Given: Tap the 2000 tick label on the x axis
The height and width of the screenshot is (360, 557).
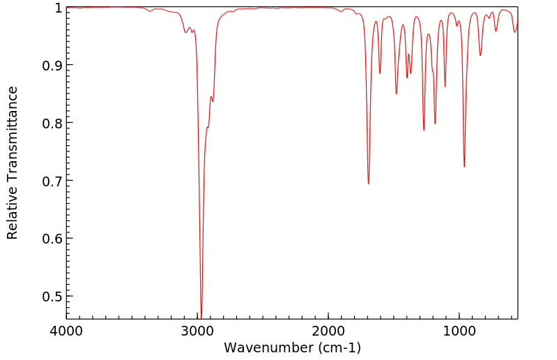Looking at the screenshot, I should (328, 330).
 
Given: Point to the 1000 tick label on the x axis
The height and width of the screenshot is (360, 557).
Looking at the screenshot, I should (459, 330).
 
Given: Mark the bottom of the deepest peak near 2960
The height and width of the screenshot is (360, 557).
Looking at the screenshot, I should (201, 317).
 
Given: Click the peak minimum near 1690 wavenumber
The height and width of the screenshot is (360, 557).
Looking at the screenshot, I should (369, 183).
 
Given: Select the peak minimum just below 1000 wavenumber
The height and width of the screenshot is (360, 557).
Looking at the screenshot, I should (464, 167).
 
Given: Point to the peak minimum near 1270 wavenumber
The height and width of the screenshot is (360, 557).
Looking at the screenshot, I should (424, 130).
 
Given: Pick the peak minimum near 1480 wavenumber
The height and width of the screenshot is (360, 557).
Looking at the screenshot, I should (396, 94).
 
